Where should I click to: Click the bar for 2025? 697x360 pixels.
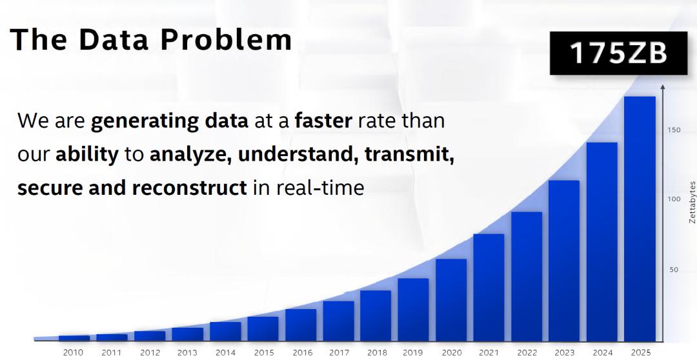(x=640, y=219)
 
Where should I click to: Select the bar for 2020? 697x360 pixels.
(x=451, y=301)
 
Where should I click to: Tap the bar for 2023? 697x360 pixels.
(x=564, y=261)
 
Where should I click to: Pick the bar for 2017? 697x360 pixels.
(x=338, y=321)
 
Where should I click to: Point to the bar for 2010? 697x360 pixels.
(x=74, y=339)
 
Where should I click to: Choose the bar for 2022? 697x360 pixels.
(x=527, y=277)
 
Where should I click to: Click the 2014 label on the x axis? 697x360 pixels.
(x=225, y=353)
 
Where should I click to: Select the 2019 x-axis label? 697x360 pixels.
(x=414, y=353)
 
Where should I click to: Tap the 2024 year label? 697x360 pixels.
(x=602, y=353)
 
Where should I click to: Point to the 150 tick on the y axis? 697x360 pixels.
(x=674, y=130)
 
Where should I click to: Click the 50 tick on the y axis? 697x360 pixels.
(x=674, y=270)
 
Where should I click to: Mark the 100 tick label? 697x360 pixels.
(x=674, y=199)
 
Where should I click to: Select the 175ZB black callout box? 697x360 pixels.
(x=618, y=53)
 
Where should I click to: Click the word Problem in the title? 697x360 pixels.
(x=226, y=39)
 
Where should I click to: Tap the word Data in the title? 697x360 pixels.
(x=113, y=39)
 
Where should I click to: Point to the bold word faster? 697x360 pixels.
(x=323, y=121)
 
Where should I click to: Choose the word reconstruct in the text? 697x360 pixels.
(x=189, y=188)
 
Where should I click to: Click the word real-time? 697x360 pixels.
(x=319, y=188)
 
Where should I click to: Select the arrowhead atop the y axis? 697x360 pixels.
(x=663, y=86)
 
